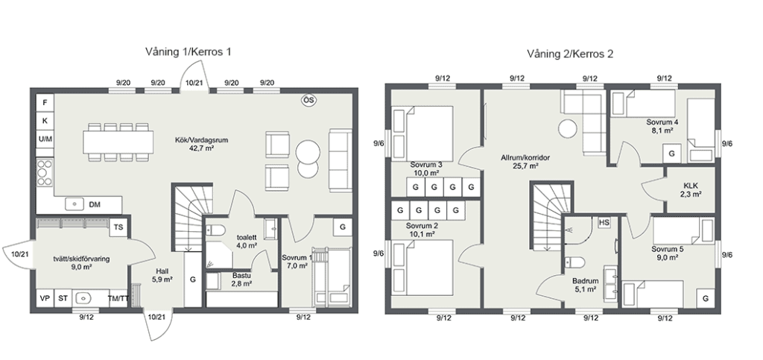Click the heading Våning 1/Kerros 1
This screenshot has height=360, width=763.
pos(188,52)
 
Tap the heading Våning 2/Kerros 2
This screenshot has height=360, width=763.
pos(570,54)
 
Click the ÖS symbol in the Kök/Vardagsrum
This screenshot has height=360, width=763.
pos(309,100)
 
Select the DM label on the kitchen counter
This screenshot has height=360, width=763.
pos(95,205)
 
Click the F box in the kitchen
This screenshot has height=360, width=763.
pos(45,103)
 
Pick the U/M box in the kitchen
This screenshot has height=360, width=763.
pos(45,139)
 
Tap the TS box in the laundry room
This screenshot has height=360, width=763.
pos(118,227)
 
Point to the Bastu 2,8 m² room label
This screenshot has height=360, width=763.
pos(241,280)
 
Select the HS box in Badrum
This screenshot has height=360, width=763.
pos(604,222)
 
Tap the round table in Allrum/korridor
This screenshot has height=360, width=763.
pos(567,130)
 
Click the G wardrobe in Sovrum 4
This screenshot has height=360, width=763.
pos(672,154)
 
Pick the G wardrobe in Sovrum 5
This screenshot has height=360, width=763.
pos(706,298)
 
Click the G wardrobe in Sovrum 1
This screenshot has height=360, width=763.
pos(343,227)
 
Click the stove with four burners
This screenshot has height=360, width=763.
pos(45,172)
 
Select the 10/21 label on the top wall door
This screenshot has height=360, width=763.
pos(194,83)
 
